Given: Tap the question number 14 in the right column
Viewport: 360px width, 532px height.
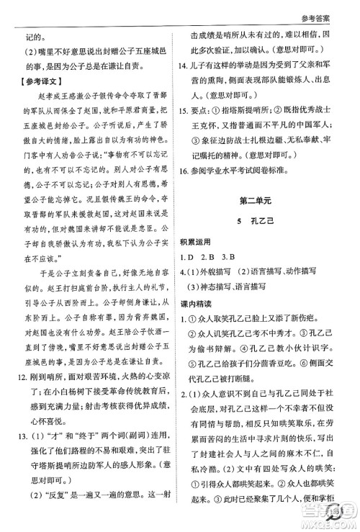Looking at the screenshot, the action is point(185,85).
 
